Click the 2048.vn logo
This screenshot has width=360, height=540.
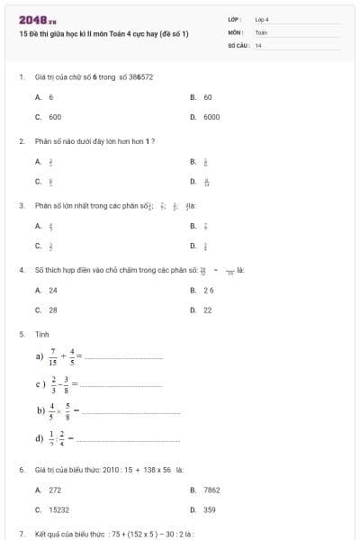[38, 20]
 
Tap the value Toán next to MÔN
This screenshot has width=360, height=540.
[261, 32]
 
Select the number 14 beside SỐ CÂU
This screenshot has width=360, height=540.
[258, 45]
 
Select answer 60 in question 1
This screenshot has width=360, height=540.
[208, 97]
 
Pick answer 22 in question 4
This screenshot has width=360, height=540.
[208, 310]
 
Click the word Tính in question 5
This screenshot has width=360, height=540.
[42, 334]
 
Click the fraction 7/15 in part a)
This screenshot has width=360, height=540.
[53, 355]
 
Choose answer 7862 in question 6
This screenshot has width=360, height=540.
[211, 490]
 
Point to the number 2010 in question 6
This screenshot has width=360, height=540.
[112, 470]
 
